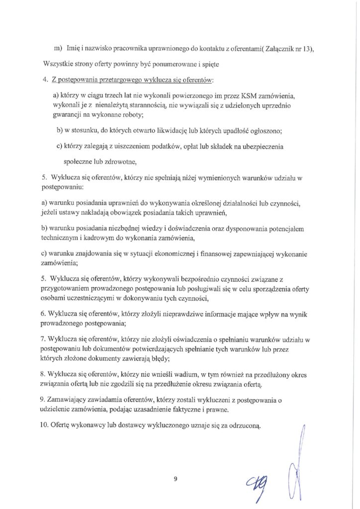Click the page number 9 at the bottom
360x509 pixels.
pyautogui.click(x=176, y=479)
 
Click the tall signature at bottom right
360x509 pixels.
pyautogui.click(x=300, y=460)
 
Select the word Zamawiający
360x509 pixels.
pyautogui.click(x=72, y=400)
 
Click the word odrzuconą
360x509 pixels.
pyautogui.click(x=240, y=426)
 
